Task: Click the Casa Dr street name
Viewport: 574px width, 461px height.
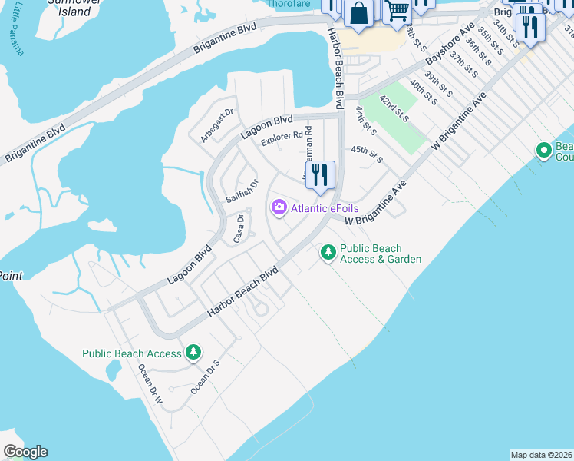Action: (x=239, y=228)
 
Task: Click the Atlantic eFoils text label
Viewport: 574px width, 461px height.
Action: (x=324, y=209)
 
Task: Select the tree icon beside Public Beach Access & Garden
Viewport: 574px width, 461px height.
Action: (x=328, y=252)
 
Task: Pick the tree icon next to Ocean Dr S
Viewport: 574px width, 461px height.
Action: (x=194, y=353)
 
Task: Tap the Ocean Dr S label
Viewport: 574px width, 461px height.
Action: (x=205, y=377)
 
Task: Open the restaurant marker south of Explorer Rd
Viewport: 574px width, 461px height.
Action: (x=320, y=175)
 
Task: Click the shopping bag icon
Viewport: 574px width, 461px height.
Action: (x=358, y=12)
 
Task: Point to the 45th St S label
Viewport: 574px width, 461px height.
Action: (x=367, y=155)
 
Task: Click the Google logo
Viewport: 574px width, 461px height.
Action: (x=25, y=452)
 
